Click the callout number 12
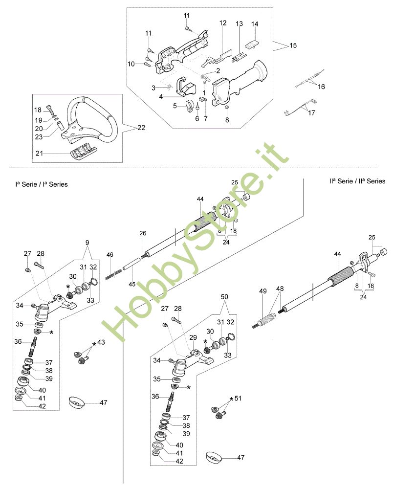223,23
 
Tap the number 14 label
255,24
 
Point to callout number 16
321,87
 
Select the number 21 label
39,154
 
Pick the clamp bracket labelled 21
83,152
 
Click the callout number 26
142,233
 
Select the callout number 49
263,291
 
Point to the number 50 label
224,297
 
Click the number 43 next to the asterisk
101,342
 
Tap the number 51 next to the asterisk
239,398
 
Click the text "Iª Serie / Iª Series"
42,184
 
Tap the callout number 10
131,64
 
